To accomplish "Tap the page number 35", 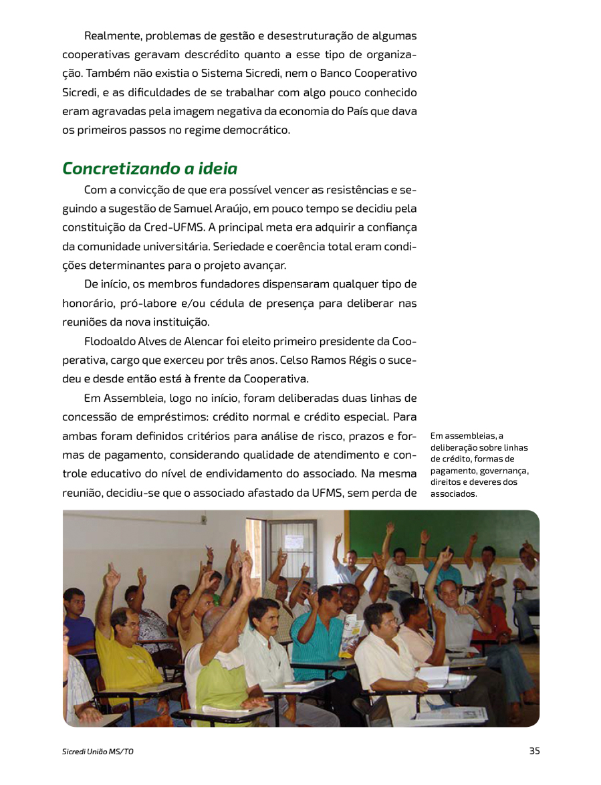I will [534, 751].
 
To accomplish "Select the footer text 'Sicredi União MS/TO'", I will [98, 752].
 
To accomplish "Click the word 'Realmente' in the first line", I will [112, 35].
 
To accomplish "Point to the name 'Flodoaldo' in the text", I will [111, 341].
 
